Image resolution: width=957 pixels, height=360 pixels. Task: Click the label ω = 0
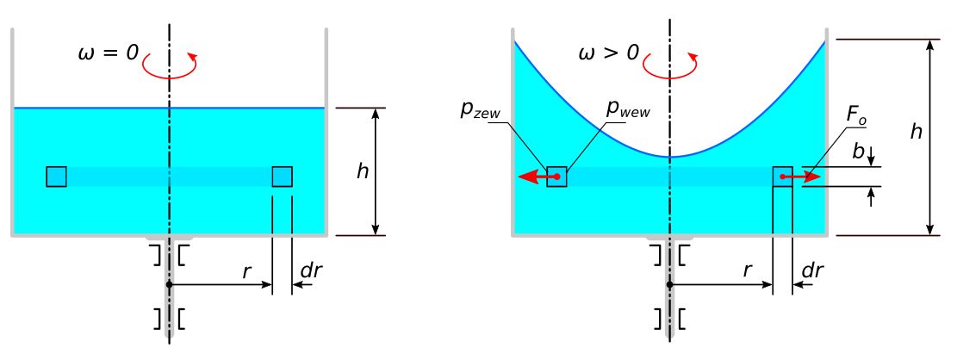coord(108,52)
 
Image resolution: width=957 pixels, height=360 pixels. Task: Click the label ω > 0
coord(608,52)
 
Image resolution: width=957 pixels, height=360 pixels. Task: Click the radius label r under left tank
coord(247,270)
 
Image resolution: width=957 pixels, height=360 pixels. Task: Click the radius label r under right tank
coord(747,270)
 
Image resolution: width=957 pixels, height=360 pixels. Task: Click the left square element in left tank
coord(57,177)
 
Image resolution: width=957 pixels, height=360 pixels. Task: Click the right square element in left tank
coord(283,177)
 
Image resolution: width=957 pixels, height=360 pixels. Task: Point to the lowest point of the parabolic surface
coord(670,157)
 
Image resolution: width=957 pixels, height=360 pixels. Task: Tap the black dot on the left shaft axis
coord(170,283)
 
